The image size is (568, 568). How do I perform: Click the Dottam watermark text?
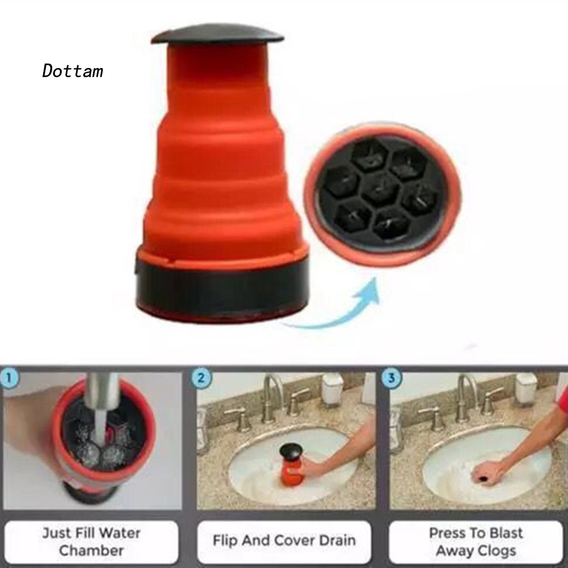73,71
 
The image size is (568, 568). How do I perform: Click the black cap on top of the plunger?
217,36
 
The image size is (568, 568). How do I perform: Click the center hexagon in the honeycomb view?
381,189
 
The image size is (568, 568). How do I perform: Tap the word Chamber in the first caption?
91,550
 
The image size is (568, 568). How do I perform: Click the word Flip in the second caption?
225,540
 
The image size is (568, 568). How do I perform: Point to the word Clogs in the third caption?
497,550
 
